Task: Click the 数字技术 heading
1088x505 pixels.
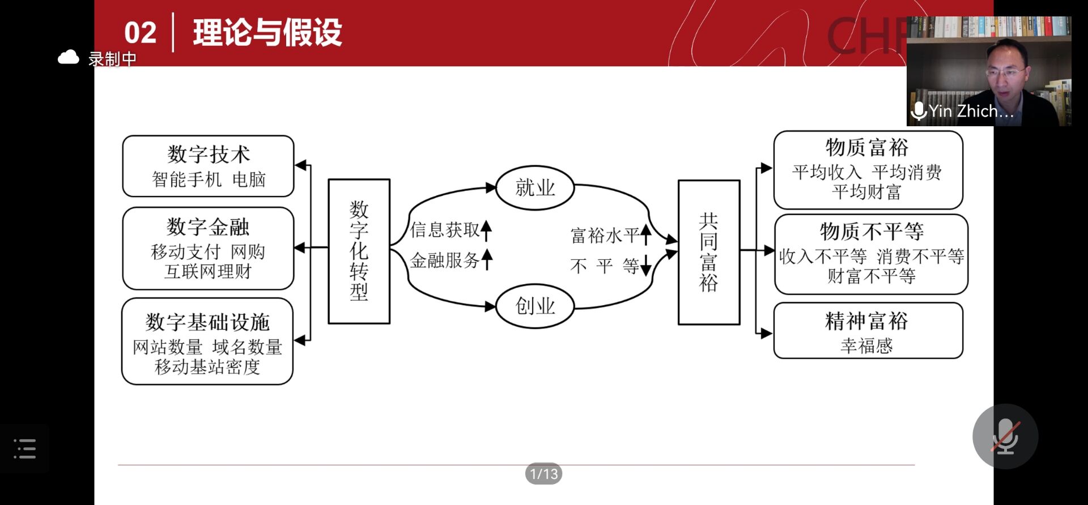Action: [x=209, y=154]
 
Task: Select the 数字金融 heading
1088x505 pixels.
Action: [x=208, y=227]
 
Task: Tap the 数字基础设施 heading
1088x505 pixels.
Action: [x=207, y=322]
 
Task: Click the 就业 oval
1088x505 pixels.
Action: [x=535, y=188]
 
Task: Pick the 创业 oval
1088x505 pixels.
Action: [x=535, y=306]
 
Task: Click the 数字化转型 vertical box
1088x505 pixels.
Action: [x=359, y=251]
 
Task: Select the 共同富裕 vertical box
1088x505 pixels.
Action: [x=709, y=252]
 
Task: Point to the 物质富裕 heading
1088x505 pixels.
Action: [x=867, y=148]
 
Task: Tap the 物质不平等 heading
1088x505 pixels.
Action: [x=872, y=232]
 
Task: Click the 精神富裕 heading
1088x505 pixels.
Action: [x=867, y=322]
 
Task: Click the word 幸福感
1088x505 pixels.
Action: [x=867, y=346]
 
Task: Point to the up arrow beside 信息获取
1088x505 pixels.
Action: [x=486, y=230]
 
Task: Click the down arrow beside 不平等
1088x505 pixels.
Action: [x=645, y=266]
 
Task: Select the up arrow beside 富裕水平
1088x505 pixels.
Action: [x=645, y=234]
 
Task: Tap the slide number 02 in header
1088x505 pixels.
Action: [x=140, y=33]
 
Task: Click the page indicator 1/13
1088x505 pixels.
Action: [x=543, y=474]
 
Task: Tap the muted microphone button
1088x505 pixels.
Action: [x=1005, y=436]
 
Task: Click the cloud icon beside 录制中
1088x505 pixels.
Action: [x=69, y=58]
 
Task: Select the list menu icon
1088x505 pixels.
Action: [x=24, y=449]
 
